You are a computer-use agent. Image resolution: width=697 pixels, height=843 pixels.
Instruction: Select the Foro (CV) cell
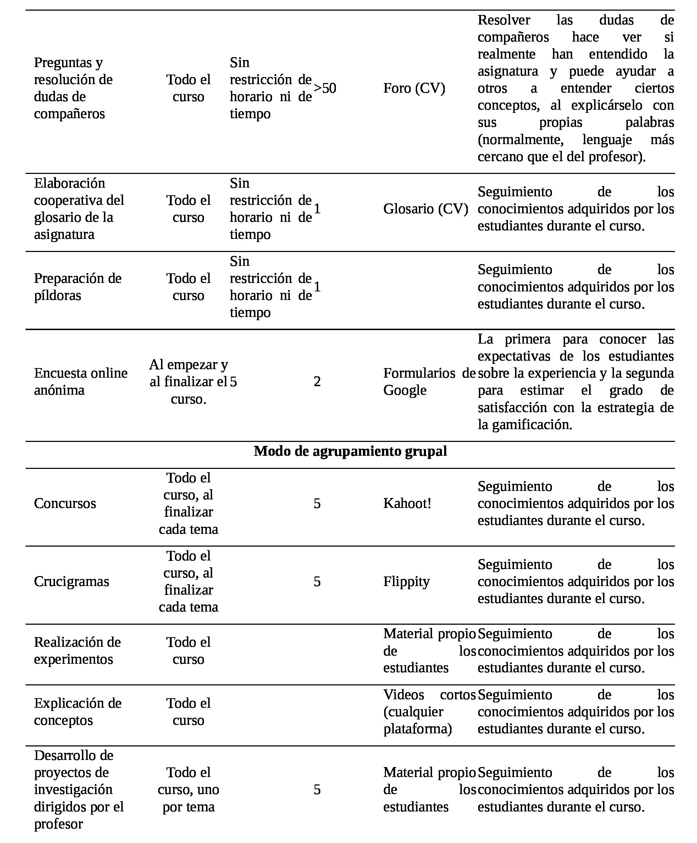414,88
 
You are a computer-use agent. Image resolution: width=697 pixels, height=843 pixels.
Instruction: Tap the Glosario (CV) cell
425,209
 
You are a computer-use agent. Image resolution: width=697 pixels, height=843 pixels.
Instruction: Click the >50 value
325,88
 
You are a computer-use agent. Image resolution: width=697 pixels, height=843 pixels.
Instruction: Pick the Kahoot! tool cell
407,503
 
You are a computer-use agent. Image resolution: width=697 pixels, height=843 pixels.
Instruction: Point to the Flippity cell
406,581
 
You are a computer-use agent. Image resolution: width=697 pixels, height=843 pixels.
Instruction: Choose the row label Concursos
65,503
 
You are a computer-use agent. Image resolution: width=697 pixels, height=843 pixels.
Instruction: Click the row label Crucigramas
71,581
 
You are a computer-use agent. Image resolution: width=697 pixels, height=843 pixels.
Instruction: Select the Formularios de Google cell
428,381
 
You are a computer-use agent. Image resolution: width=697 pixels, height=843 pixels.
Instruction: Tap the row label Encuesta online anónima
81,381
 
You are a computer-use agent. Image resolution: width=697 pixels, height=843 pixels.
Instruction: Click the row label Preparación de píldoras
77,287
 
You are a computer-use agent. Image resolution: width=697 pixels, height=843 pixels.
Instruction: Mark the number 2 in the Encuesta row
317,381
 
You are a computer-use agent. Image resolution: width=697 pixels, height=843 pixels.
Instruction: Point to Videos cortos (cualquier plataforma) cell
428,712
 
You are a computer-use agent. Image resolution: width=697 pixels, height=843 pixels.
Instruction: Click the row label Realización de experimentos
77,650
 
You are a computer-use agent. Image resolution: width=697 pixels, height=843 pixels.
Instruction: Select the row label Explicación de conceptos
77,712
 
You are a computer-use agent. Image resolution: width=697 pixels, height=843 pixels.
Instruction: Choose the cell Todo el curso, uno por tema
188,789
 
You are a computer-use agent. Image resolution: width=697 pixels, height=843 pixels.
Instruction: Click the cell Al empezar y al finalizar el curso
188,381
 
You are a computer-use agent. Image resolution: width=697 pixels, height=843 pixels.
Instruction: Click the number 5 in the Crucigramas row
317,581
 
